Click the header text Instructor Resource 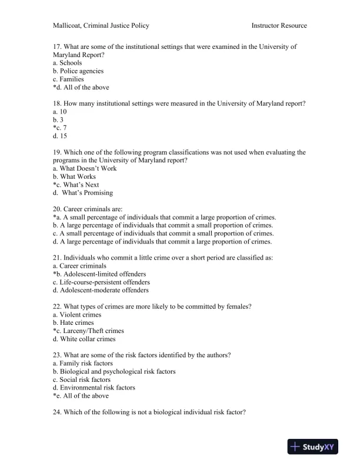click(x=279, y=25)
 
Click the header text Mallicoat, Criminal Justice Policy click(x=101, y=25)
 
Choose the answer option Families click(x=71, y=79)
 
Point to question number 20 click(x=57, y=209)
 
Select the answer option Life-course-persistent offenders click(x=101, y=282)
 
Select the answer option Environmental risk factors click(x=94, y=388)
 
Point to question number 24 click(x=57, y=412)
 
